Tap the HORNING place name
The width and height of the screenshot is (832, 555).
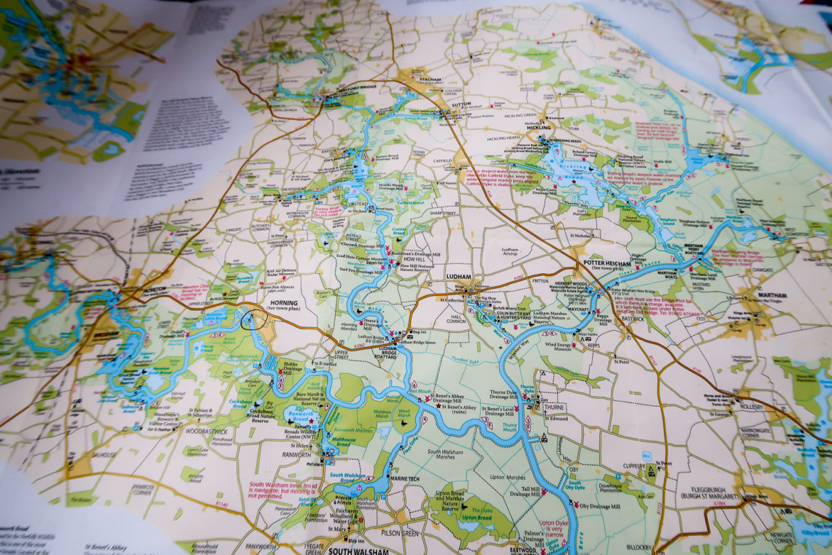tap(283, 302)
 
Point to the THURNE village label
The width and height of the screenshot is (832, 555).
tap(555, 408)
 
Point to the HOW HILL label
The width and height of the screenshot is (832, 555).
tap(413, 259)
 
